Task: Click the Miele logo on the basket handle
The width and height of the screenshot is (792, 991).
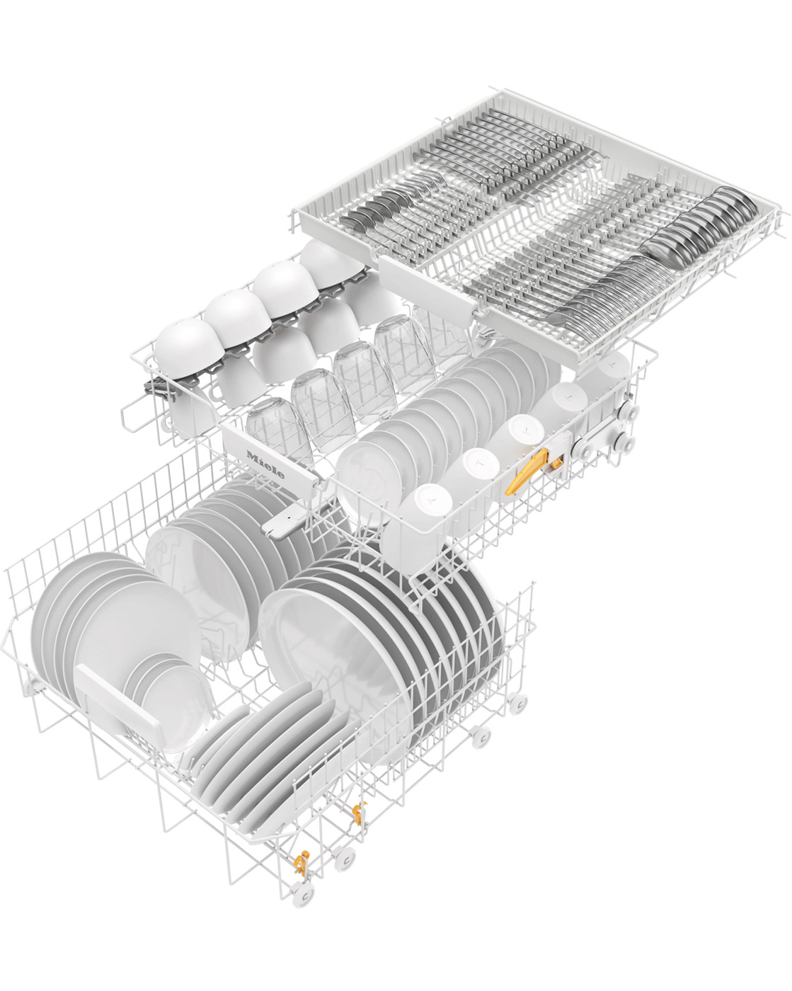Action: coord(265,464)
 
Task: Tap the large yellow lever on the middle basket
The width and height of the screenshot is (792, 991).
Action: coord(526,471)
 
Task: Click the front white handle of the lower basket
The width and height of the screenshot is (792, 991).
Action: coord(117,696)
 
